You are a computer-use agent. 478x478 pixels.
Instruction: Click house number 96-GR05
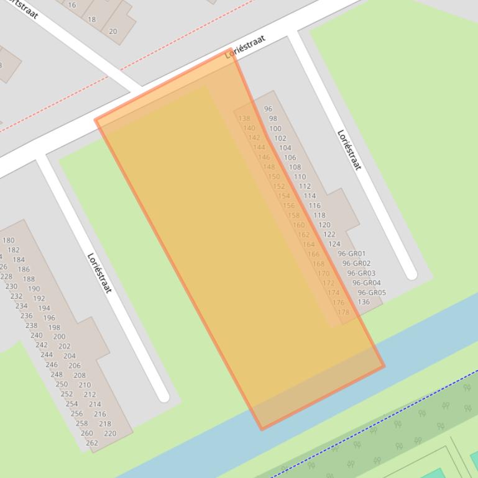pyautogui.click(x=372, y=293)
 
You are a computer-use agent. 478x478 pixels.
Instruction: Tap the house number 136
pyautogui.click(x=364, y=302)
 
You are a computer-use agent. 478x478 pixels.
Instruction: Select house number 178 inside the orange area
pyautogui.click(x=343, y=312)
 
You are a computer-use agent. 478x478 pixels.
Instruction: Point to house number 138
pyautogui.click(x=244, y=119)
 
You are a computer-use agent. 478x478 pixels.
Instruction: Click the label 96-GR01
pyautogui.click(x=352, y=253)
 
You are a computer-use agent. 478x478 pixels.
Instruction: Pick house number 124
pyautogui.click(x=334, y=244)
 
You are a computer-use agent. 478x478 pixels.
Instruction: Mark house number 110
pyautogui.click(x=300, y=177)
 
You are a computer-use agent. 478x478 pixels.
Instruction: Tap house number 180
pyautogui.click(x=9, y=240)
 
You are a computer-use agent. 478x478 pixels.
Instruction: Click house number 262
pyautogui.click(x=91, y=443)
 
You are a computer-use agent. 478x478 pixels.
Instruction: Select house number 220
pyautogui.click(x=109, y=433)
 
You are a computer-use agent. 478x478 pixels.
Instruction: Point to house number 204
pyautogui.click(x=69, y=356)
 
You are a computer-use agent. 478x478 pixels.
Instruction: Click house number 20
pyautogui.click(x=113, y=31)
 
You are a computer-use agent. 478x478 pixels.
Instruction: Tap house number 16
pyautogui.click(x=72, y=5)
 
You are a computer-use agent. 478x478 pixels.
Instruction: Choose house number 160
pyautogui.click(x=298, y=225)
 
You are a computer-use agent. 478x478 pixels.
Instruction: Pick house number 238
pyautogui.click(x=31, y=325)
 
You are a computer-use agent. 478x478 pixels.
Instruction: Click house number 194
pyautogui.click(x=44, y=308)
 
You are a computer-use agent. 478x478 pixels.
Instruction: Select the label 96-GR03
pyautogui.click(x=361, y=273)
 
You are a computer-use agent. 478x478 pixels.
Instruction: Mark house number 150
pyautogui.click(x=273, y=177)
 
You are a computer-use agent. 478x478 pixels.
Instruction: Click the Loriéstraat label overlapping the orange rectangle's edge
pyautogui.click(x=245, y=47)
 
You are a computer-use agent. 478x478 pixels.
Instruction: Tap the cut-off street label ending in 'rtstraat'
pyautogui.click(x=22, y=8)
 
